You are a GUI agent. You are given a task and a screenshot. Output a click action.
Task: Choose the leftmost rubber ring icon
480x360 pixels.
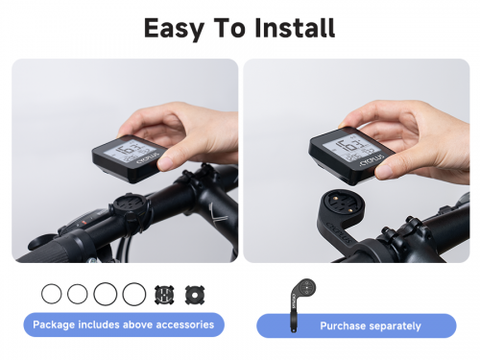51,293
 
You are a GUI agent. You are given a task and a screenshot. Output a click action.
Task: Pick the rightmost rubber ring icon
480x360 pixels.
134,293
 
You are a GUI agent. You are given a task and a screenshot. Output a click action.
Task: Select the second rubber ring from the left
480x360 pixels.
78,293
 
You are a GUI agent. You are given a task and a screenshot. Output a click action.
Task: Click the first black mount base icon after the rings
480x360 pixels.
165,293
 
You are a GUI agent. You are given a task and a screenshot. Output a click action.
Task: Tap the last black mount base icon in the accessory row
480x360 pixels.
195,293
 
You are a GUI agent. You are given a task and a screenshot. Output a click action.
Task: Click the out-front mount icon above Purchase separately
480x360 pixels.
300,295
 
